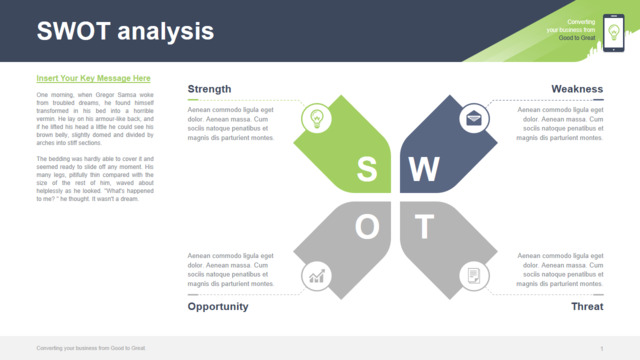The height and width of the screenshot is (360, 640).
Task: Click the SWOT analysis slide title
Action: coord(125,32)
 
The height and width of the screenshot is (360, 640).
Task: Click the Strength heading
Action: coord(209,89)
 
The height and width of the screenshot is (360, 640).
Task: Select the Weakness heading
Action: coord(577,89)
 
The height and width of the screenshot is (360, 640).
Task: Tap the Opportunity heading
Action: coord(217,306)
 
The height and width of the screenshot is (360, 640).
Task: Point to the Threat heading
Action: coord(587,306)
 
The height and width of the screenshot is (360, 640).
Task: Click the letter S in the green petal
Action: coord(367,171)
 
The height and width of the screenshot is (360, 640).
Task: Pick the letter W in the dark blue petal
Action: coord(424,171)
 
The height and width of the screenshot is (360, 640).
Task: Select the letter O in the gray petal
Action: coord(367,227)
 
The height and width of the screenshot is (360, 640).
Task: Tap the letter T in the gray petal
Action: coord(424,227)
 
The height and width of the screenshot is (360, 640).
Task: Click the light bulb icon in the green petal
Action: coord(317,118)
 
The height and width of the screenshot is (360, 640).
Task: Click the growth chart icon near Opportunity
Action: coord(317,275)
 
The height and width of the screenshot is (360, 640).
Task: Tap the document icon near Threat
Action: coord(474,275)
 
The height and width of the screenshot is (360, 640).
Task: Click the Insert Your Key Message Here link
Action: coord(93,78)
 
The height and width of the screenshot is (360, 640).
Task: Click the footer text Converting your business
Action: coord(91,348)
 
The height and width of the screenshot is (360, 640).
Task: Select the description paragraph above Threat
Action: coord(561,270)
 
